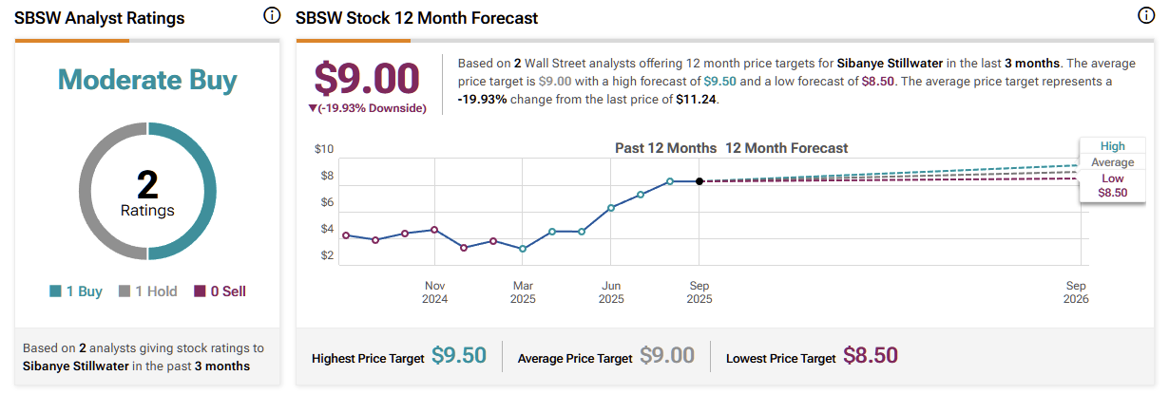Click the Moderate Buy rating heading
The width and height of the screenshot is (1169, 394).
[147, 80]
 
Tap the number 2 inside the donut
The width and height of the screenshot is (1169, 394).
[147, 183]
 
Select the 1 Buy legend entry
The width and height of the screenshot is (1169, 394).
[76, 291]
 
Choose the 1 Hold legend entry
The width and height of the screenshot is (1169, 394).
[147, 291]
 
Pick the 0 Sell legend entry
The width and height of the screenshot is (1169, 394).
[220, 291]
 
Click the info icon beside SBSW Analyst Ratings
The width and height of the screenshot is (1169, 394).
[271, 16]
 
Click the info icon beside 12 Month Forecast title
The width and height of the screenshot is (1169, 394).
[1146, 16]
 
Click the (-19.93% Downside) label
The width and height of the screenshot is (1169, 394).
[367, 108]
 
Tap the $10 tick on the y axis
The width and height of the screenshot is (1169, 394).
[324, 149]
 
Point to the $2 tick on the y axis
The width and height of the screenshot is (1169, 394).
[326, 255]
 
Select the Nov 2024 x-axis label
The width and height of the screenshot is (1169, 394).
[435, 291]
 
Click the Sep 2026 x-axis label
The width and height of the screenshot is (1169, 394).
[1076, 291]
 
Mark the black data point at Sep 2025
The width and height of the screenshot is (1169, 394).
[699, 181]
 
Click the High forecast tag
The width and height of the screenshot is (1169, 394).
[1113, 146]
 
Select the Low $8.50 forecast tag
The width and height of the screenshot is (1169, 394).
[1113, 185]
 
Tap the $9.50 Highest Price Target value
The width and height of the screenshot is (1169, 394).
[459, 356]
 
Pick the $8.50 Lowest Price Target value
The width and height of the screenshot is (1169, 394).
[871, 356]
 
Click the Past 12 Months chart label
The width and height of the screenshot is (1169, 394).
[665, 148]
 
